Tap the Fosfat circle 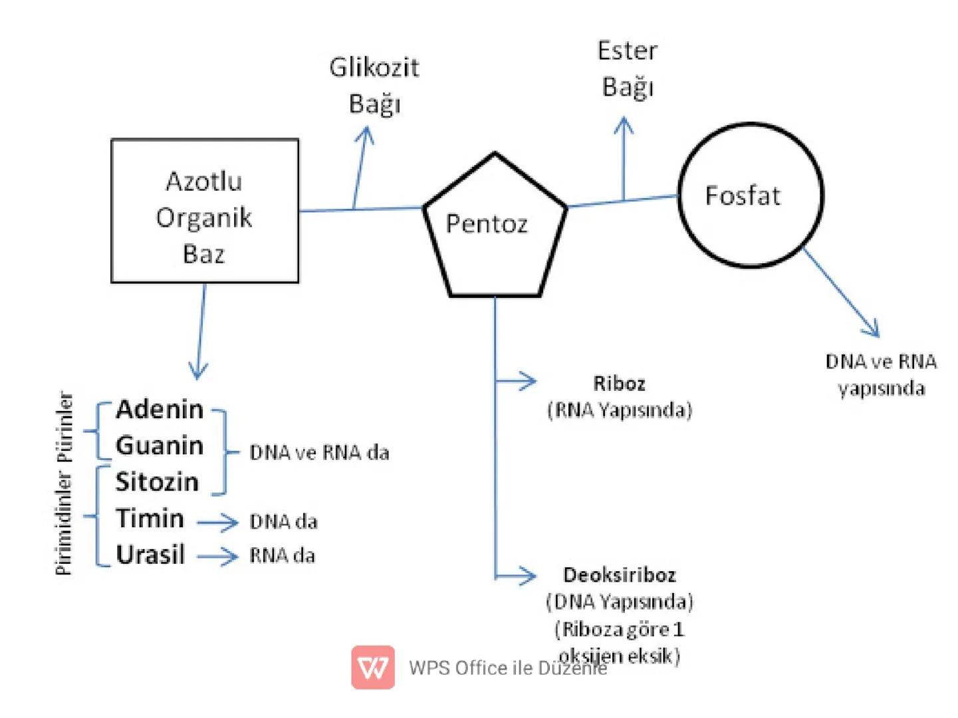click(x=750, y=195)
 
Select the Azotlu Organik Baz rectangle click(x=204, y=211)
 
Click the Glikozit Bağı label click(x=374, y=85)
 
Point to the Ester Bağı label click(x=627, y=69)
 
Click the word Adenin click(x=160, y=410)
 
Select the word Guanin click(x=160, y=445)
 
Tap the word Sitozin click(x=157, y=481)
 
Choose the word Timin click(x=150, y=518)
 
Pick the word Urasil click(x=150, y=554)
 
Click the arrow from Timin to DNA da click(x=217, y=523)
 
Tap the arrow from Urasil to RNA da click(x=217, y=556)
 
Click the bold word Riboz click(x=619, y=384)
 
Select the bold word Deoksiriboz click(x=620, y=574)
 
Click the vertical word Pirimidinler click(x=63, y=523)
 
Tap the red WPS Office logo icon click(x=373, y=667)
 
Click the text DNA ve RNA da click(x=319, y=453)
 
